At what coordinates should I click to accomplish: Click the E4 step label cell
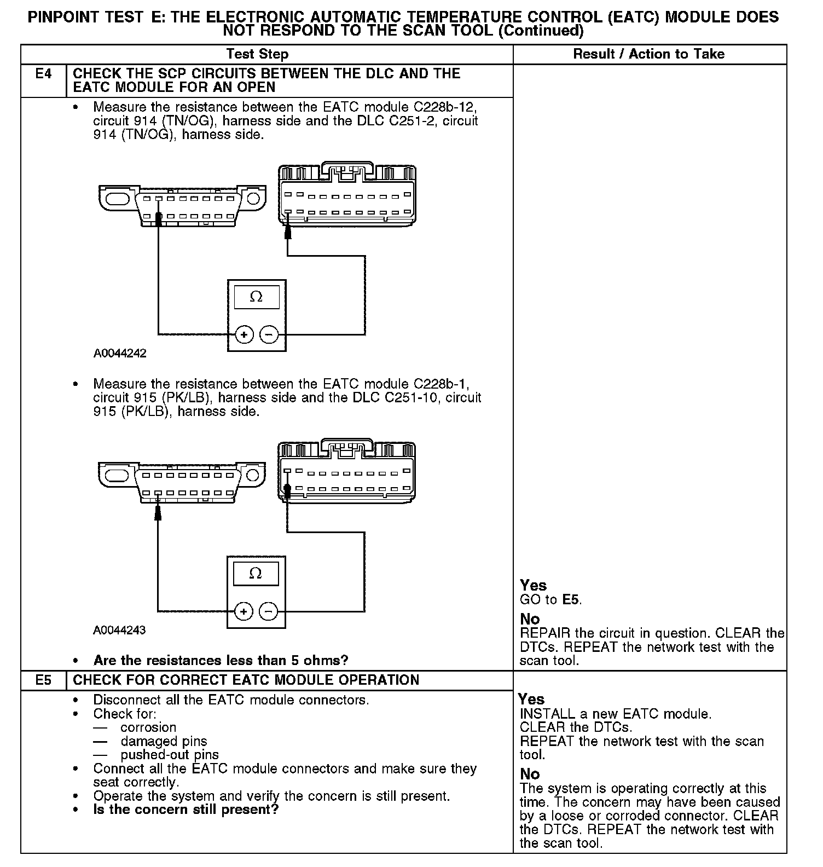pos(43,74)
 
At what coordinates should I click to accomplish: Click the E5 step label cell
pos(43,680)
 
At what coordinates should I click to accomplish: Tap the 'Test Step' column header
pos(257,54)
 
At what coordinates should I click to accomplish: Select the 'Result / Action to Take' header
pos(648,54)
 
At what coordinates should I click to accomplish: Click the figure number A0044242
pos(120,353)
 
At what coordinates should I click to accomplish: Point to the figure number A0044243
pos(119,630)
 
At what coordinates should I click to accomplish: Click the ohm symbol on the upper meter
pos(256,297)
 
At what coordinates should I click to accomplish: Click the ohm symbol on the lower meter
pos(256,573)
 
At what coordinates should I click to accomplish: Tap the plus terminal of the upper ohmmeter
pos(244,334)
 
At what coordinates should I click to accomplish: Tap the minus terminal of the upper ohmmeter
pos(269,334)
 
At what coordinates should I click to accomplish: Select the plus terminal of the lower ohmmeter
pos(244,611)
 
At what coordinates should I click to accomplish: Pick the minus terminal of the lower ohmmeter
pos(268,611)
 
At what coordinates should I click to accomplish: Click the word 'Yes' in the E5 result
pos(531,699)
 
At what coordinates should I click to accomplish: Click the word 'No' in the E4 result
pos(530,619)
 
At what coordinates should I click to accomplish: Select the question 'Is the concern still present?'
pos(186,810)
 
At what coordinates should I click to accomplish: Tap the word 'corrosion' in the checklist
pos(148,727)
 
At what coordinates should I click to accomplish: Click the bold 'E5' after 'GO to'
pos(571,599)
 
